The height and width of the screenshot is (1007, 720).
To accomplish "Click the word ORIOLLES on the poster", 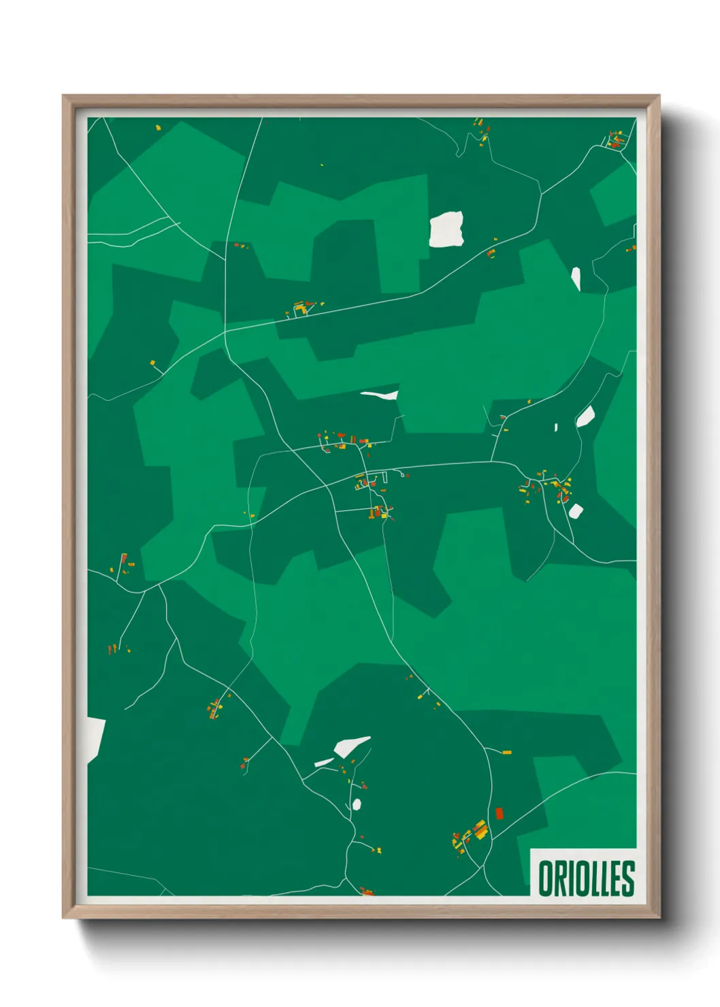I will click(586, 878).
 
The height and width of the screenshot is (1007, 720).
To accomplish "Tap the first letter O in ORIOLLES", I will click(546, 878).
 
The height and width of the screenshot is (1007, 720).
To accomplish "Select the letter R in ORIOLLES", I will click(559, 878).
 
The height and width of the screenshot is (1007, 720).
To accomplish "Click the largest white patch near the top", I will click(446, 229).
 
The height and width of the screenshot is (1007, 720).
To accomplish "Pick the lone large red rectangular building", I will click(499, 813).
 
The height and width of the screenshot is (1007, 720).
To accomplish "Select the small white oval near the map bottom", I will click(357, 804).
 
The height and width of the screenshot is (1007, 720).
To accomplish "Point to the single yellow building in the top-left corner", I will click(158, 127).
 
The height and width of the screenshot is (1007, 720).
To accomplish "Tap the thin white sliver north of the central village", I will click(379, 395).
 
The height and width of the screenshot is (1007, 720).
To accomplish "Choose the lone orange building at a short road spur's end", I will click(506, 753).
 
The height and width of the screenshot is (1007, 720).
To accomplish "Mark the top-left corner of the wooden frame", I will click(64, 97).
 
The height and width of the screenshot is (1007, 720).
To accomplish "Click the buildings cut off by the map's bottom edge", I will click(367, 891).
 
